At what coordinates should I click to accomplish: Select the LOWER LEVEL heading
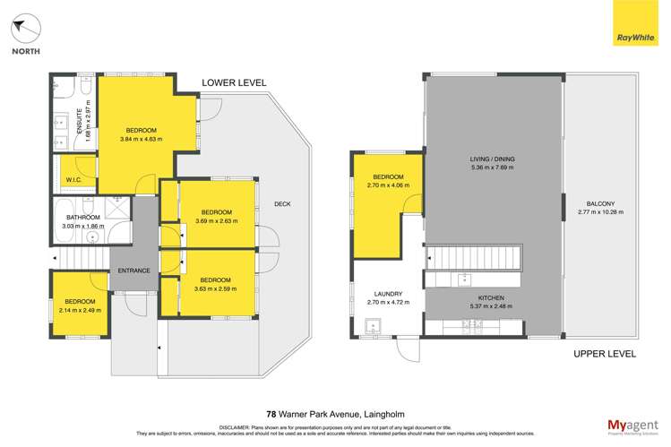coord(234,82)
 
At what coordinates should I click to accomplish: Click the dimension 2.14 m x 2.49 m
coord(80,310)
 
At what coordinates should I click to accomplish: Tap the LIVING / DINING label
coord(493,159)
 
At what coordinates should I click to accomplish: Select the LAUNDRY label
coord(388,294)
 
